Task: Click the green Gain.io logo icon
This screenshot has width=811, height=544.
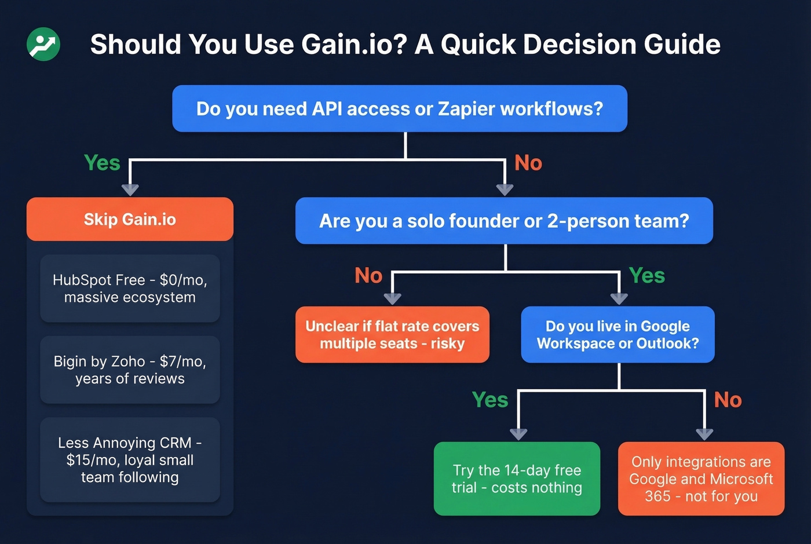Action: pyautogui.click(x=43, y=44)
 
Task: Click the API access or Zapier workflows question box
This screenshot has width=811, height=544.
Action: pyautogui.click(x=400, y=108)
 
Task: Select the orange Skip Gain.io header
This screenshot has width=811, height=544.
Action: pyautogui.click(x=130, y=219)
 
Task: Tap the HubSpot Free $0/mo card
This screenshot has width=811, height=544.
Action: pyautogui.click(x=130, y=289)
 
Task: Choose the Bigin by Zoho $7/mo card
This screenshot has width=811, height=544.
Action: pyautogui.click(x=130, y=370)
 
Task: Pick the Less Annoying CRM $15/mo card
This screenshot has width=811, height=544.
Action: pyautogui.click(x=130, y=460)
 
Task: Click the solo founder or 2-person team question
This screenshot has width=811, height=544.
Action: pyautogui.click(x=504, y=221)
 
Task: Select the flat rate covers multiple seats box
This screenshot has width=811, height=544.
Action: pyautogui.click(x=392, y=335)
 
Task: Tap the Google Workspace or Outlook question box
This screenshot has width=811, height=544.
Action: pyautogui.click(x=618, y=335)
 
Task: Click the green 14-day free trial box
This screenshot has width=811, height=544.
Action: pyautogui.click(x=517, y=479)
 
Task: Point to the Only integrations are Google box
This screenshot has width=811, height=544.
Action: pyautogui.click(x=701, y=479)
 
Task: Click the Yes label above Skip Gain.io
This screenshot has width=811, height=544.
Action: pyautogui.click(x=102, y=163)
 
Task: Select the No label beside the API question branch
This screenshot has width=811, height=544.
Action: pyautogui.click(x=528, y=163)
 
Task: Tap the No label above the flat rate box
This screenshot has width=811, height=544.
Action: pyautogui.click(x=368, y=275)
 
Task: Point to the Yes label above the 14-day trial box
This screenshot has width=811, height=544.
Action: pyautogui.click(x=490, y=400)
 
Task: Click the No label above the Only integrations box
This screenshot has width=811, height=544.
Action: pyautogui.click(x=728, y=400)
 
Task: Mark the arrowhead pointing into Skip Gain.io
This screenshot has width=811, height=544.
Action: pyautogui.click(x=130, y=189)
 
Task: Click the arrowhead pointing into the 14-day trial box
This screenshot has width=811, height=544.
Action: pyautogui.click(x=518, y=434)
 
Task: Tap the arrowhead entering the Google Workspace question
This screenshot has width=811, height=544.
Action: pyautogui.click(x=619, y=298)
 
